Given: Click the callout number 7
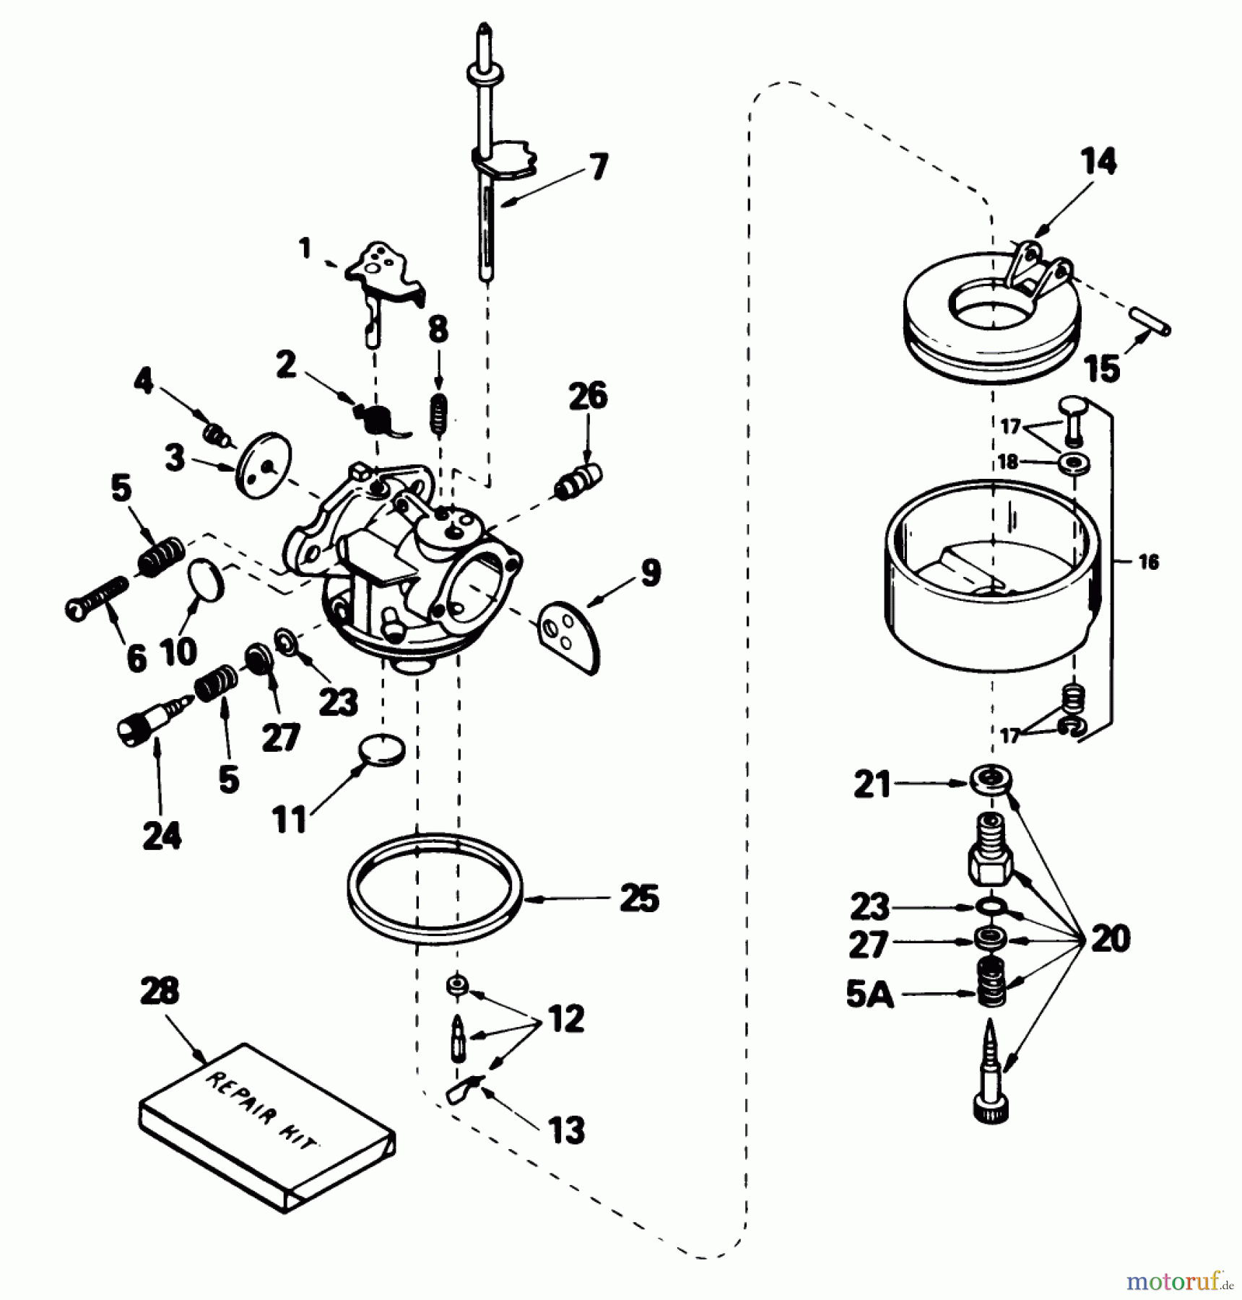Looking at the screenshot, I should click(599, 167).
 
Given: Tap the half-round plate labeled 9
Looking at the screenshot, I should click(570, 633).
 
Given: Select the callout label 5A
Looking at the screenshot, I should click(869, 995).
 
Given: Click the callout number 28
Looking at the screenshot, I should click(160, 991).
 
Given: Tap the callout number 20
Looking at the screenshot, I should click(1110, 939).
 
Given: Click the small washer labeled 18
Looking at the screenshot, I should click(1074, 462).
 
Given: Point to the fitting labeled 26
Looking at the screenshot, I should click(580, 480).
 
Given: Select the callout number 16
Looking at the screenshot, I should click(1148, 562).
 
